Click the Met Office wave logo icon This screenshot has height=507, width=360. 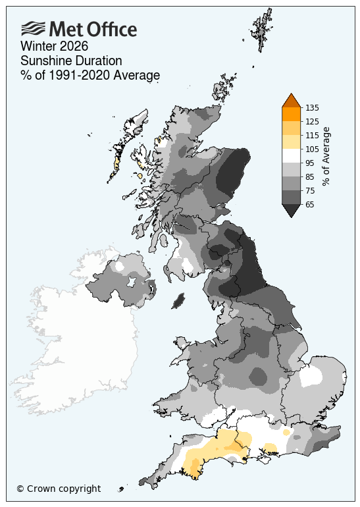(x=34, y=28)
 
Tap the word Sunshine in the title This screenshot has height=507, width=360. (x=45, y=61)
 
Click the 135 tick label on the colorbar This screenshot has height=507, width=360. (x=313, y=107)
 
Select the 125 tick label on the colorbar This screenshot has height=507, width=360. (x=313, y=121)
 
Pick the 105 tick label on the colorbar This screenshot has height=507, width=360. (x=313, y=149)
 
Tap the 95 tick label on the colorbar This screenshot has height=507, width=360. (x=311, y=163)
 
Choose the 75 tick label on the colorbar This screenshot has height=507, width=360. (x=311, y=190)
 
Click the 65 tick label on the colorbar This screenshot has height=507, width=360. (x=311, y=204)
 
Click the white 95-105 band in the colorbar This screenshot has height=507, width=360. (x=291, y=155)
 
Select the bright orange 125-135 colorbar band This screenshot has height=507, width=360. (x=291, y=114)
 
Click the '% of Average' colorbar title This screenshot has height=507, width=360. (x=327, y=155)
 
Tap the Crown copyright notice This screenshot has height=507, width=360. (x=59, y=489)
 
